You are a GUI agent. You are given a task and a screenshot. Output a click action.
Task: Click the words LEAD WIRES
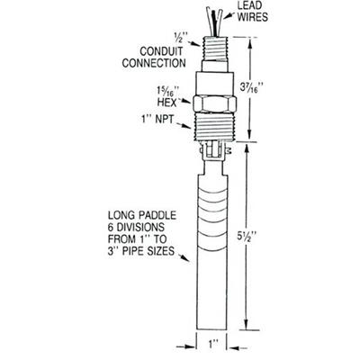click(x=253, y=12)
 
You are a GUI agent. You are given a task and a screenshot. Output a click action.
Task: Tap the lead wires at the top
click(x=214, y=21)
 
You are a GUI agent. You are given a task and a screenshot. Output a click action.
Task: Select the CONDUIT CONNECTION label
click(x=154, y=57)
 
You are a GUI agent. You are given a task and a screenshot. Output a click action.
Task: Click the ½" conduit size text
click(x=181, y=37)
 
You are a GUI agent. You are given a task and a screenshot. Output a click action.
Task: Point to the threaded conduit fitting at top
click(x=215, y=49)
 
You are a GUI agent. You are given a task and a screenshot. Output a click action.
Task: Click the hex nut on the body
click(x=215, y=104)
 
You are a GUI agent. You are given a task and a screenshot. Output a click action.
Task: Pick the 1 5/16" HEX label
click(x=168, y=96)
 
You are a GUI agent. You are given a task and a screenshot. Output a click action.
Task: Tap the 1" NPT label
click(x=157, y=119)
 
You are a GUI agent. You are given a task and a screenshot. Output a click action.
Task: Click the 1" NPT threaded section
click(x=215, y=126)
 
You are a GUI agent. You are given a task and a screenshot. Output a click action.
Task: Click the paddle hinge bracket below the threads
click(x=214, y=150)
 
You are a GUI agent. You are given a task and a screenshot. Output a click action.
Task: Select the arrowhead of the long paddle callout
click(x=186, y=258)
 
